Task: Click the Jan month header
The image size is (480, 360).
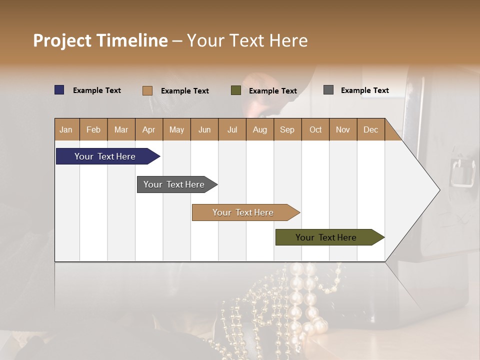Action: pyautogui.click(x=66, y=129)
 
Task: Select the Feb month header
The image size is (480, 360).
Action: pyautogui.click(x=93, y=129)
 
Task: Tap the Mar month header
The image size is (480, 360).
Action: pyautogui.click(x=121, y=129)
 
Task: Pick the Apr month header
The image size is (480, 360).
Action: pyautogui.click(x=148, y=129)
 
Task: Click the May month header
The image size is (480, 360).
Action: pyautogui.click(x=176, y=129)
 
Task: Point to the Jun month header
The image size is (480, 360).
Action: pyautogui.click(x=204, y=129)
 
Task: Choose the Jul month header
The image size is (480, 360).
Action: pyautogui.click(x=232, y=129)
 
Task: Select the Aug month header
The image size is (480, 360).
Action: pyautogui.click(x=259, y=129)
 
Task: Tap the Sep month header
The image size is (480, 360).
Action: pyautogui.click(x=287, y=129)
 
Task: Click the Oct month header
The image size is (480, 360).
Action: pyautogui.click(x=315, y=129)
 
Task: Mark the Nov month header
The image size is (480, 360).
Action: pyautogui.click(x=343, y=129)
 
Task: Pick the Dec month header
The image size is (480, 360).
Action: pyautogui.click(x=370, y=129)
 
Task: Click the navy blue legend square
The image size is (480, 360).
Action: pyautogui.click(x=59, y=90)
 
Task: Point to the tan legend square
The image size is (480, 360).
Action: pyautogui.click(x=147, y=90)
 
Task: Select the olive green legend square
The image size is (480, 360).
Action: pyautogui.click(x=236, y=90)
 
